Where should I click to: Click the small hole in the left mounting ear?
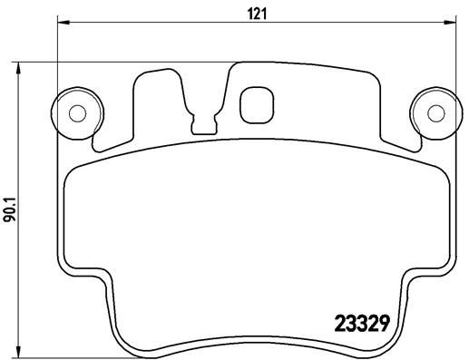pos(78,112)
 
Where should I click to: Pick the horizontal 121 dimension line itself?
pos(181,24)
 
